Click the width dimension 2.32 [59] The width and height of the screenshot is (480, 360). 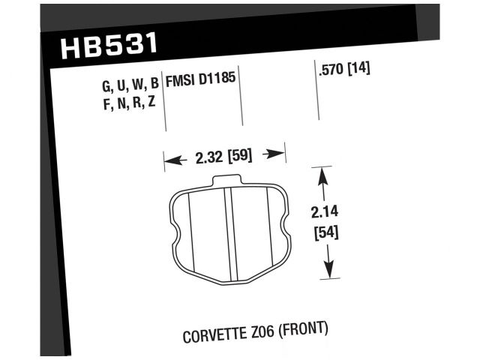pyautogui.click(x=223, y=157)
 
